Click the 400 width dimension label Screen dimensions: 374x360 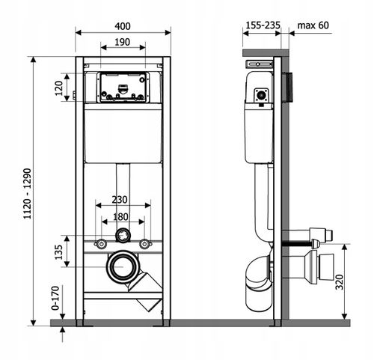[123, 26]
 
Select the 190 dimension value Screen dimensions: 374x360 [123, 42]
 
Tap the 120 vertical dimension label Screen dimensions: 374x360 [59, 88]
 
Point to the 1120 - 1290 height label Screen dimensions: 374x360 [27, 194]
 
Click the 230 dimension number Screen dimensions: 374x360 [120, 200]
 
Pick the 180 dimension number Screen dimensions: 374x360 [121, 217]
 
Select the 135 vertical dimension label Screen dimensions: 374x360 [58, 252]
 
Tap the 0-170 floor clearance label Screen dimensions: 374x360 [55, 298]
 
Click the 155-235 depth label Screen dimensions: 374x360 [263, 25]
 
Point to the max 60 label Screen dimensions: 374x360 [313, 25]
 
